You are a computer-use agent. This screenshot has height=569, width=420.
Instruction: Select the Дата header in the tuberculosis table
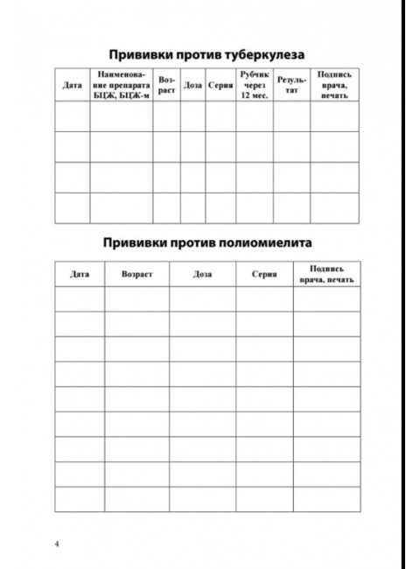tap(72, 86)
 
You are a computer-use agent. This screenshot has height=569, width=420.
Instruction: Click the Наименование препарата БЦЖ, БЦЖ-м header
tap(122, 86)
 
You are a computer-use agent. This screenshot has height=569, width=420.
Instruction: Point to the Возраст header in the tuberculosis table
tap(167, 86)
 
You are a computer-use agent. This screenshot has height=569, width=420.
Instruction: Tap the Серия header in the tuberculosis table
tap(220, 86)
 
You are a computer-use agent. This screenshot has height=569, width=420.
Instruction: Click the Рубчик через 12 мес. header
tap(255, 86)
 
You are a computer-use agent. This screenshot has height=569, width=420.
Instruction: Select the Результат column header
tap(290, 86)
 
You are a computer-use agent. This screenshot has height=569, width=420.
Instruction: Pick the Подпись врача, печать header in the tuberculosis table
tap(334, 86)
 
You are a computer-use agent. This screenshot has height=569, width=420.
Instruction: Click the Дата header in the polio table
tap(80, 274)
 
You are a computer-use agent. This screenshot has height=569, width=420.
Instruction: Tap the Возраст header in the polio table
tap(137, 274)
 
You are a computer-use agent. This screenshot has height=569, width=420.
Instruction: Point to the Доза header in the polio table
tap(202, 274)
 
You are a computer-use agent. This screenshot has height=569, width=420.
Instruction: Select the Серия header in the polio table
tap(264, 274)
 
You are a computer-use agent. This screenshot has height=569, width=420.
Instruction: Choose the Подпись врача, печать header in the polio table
tap(326, 274)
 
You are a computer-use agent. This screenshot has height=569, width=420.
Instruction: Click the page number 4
tap(57, 544)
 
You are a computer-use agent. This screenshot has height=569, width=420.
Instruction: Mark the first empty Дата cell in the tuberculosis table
tap(72, 116)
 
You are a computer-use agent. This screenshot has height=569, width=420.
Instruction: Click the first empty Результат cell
tap(290, 116)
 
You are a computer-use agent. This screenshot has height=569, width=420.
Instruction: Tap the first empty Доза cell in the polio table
tap(202, 299)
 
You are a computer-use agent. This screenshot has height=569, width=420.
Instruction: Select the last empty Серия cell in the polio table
tap(264, 499)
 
